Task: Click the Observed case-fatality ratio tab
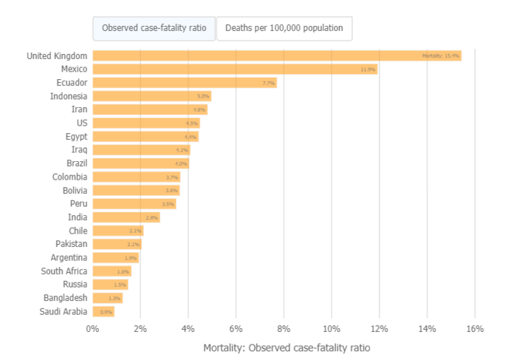coord(154,28)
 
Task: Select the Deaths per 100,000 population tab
coord(284,28)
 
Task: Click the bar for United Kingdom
coord(277,56)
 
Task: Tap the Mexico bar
coord(235,69)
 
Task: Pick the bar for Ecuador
coord(185,83)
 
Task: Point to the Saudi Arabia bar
coord(103,312)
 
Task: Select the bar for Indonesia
coord(152,96)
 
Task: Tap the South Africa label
coord(64,271)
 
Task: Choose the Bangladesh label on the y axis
coord(65,298)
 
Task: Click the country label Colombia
coord(69,177)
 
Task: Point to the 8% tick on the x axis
coord(284,328)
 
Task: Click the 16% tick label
coord(475,328)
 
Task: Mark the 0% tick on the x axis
coord(92,328)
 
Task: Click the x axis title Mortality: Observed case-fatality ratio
coord(286,347)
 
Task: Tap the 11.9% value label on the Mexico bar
coord(368,69)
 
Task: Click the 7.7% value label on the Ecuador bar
coord(268,83)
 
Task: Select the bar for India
coord(126,217)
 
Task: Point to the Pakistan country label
coord(71,244)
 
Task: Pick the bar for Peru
coord(134,204)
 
